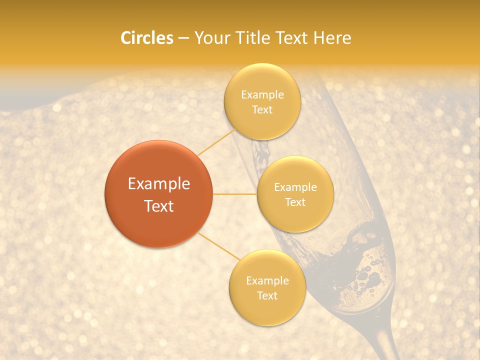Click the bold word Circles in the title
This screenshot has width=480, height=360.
[147, 38]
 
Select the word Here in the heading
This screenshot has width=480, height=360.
[332, 38]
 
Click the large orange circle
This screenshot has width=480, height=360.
[158, 194]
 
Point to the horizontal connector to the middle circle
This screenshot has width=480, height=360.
[234, 194]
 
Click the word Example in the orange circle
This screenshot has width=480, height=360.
[159, 184]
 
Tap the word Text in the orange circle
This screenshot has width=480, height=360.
[159, 206]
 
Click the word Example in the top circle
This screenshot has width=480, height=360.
[262, 95]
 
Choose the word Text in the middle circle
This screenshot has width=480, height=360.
[295, 202]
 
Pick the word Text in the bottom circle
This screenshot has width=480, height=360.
[267, 296]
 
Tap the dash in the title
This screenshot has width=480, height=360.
[183, 38]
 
